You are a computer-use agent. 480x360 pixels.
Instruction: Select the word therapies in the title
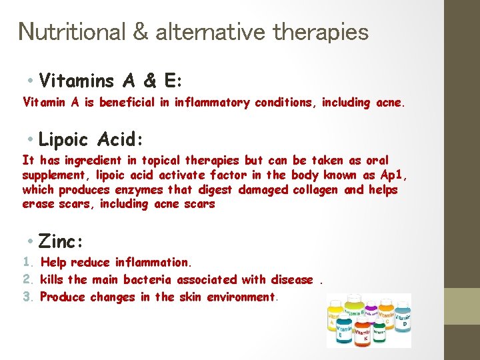point(320,31)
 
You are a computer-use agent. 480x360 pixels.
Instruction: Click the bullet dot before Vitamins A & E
point(32,81)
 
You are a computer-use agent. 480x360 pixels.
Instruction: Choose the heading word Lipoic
point(64,139)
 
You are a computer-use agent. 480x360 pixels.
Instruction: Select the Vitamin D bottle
point(403,321)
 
